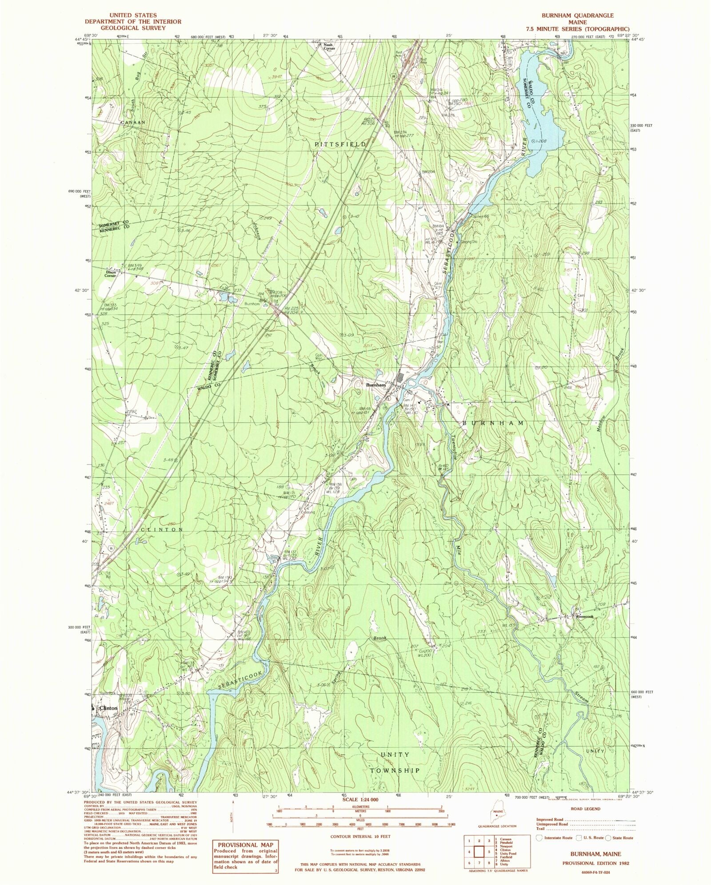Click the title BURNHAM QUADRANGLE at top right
pos(577,16)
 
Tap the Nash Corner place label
pos(329,46)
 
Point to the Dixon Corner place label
pos(110,274)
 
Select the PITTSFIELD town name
pos(341,144)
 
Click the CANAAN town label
pos(133,122)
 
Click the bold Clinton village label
pos(108,708)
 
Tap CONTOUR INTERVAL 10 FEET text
pos(360,836)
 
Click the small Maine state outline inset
pos(496,815)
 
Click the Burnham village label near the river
pos(375,385)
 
